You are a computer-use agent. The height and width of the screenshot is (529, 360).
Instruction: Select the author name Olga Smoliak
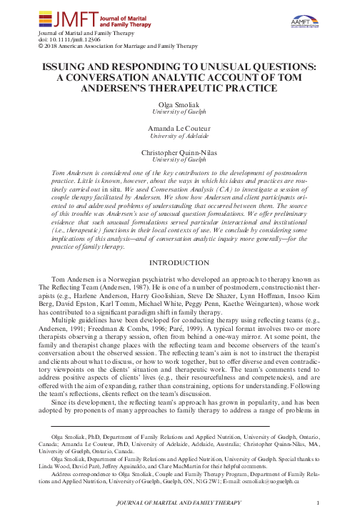[x=179, y=104]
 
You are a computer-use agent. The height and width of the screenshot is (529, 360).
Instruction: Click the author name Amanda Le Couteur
[x=179, y=127]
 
